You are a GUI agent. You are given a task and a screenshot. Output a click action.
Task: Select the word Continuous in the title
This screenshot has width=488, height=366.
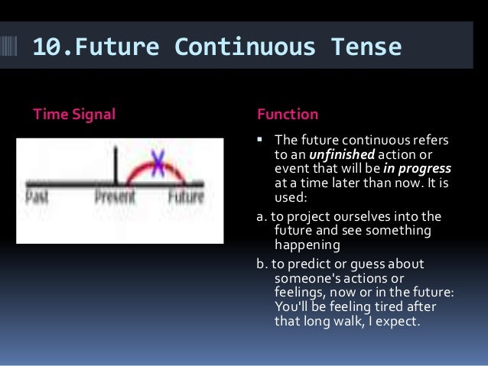point(245,47)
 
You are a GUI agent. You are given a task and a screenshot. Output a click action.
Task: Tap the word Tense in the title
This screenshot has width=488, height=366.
point(366,47)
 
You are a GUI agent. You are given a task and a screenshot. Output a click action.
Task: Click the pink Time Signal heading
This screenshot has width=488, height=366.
point(74,115)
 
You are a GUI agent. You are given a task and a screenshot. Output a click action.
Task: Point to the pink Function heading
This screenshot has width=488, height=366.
point(288,114)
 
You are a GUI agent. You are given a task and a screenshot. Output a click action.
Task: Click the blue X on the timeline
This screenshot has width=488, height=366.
point(158,163)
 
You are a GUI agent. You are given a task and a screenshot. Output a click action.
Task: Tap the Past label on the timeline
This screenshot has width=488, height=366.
point(37,196)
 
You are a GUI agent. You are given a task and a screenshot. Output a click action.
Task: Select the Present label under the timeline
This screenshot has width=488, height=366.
point(115,196)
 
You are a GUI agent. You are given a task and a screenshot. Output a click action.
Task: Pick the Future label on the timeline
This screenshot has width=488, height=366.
point(186,196)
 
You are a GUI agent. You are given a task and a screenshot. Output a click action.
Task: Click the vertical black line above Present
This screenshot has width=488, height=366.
point(115,165)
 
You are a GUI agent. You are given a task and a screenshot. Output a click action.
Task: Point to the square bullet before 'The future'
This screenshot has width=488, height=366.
point(259,139)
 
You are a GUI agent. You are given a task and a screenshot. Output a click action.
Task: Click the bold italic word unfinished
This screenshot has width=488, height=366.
point(342,154)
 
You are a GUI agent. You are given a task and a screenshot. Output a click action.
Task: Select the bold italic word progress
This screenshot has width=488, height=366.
point(425,169)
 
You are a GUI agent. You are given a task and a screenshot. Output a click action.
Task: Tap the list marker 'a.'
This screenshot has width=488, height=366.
point(262,217)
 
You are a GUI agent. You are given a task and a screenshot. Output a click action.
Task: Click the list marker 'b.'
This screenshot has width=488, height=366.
point(262,264)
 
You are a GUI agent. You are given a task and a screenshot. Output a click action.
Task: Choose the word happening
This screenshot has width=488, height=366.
point(307,245)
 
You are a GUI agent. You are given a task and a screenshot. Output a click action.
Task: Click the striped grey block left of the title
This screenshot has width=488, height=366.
point(8,46)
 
